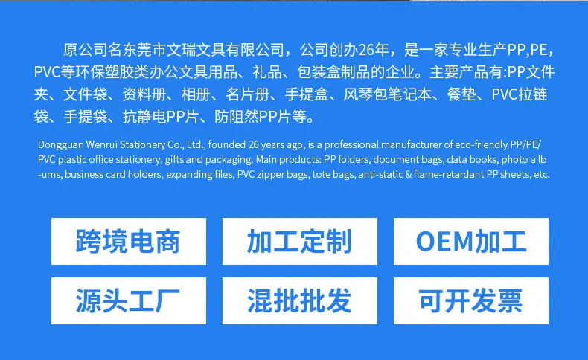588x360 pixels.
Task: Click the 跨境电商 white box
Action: pos(129,241)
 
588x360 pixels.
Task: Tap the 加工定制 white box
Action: pos(300,241)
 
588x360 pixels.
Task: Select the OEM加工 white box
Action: pos(471,241)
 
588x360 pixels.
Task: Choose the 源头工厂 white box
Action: pos(129,300)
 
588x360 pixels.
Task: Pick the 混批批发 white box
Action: pos(300,300)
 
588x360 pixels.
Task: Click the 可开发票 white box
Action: pos(471,300)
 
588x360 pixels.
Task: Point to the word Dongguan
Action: pos(60,145)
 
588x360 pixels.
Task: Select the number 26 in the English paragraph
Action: pos(253,144)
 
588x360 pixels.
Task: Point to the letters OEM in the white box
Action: pos(445,241)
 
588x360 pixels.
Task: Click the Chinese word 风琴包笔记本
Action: pos(387,94)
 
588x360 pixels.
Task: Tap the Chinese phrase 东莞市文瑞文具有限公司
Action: pos(203,50)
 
